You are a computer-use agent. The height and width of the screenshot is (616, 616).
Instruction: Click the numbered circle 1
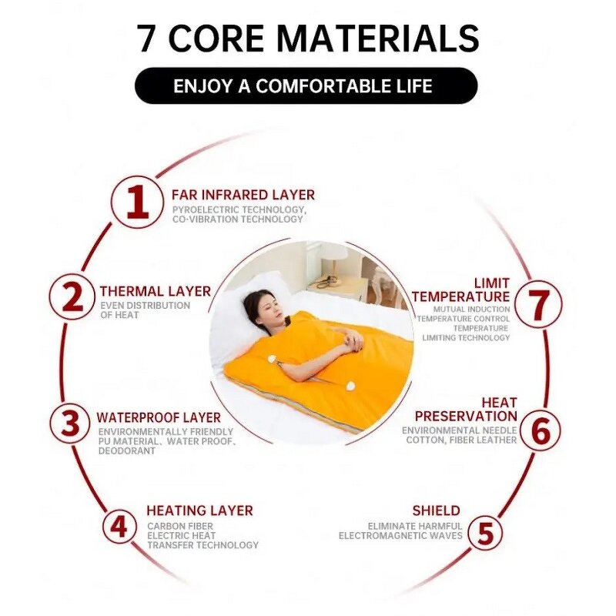(x=137, y=202)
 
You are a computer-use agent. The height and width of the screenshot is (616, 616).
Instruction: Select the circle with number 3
(x=71, y=423)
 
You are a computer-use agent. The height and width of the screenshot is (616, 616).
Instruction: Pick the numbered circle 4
(x=119, y=527)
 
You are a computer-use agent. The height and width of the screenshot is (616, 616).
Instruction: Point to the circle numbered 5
(x=486, y=531)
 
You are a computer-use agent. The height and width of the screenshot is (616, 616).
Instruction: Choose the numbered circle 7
(x=539, y=304)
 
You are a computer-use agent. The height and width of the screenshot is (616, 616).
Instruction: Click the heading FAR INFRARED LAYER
(x=243, y=195)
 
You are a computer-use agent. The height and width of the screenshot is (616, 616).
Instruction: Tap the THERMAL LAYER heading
(x=155, y=291)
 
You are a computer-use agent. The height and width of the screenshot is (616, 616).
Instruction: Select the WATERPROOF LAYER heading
(x=159, y=417)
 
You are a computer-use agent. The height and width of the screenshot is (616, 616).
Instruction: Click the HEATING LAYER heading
(x=199, y=511)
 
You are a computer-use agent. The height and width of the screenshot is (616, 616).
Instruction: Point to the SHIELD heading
(x=436, y=511)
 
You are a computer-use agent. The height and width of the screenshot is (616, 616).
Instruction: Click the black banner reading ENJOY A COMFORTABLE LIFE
(x=306, y=85)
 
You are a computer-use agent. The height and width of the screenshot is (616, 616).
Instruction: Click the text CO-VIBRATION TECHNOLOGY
(x=238, y=219)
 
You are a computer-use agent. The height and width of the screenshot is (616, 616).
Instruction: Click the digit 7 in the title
(x=147, y=38)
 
